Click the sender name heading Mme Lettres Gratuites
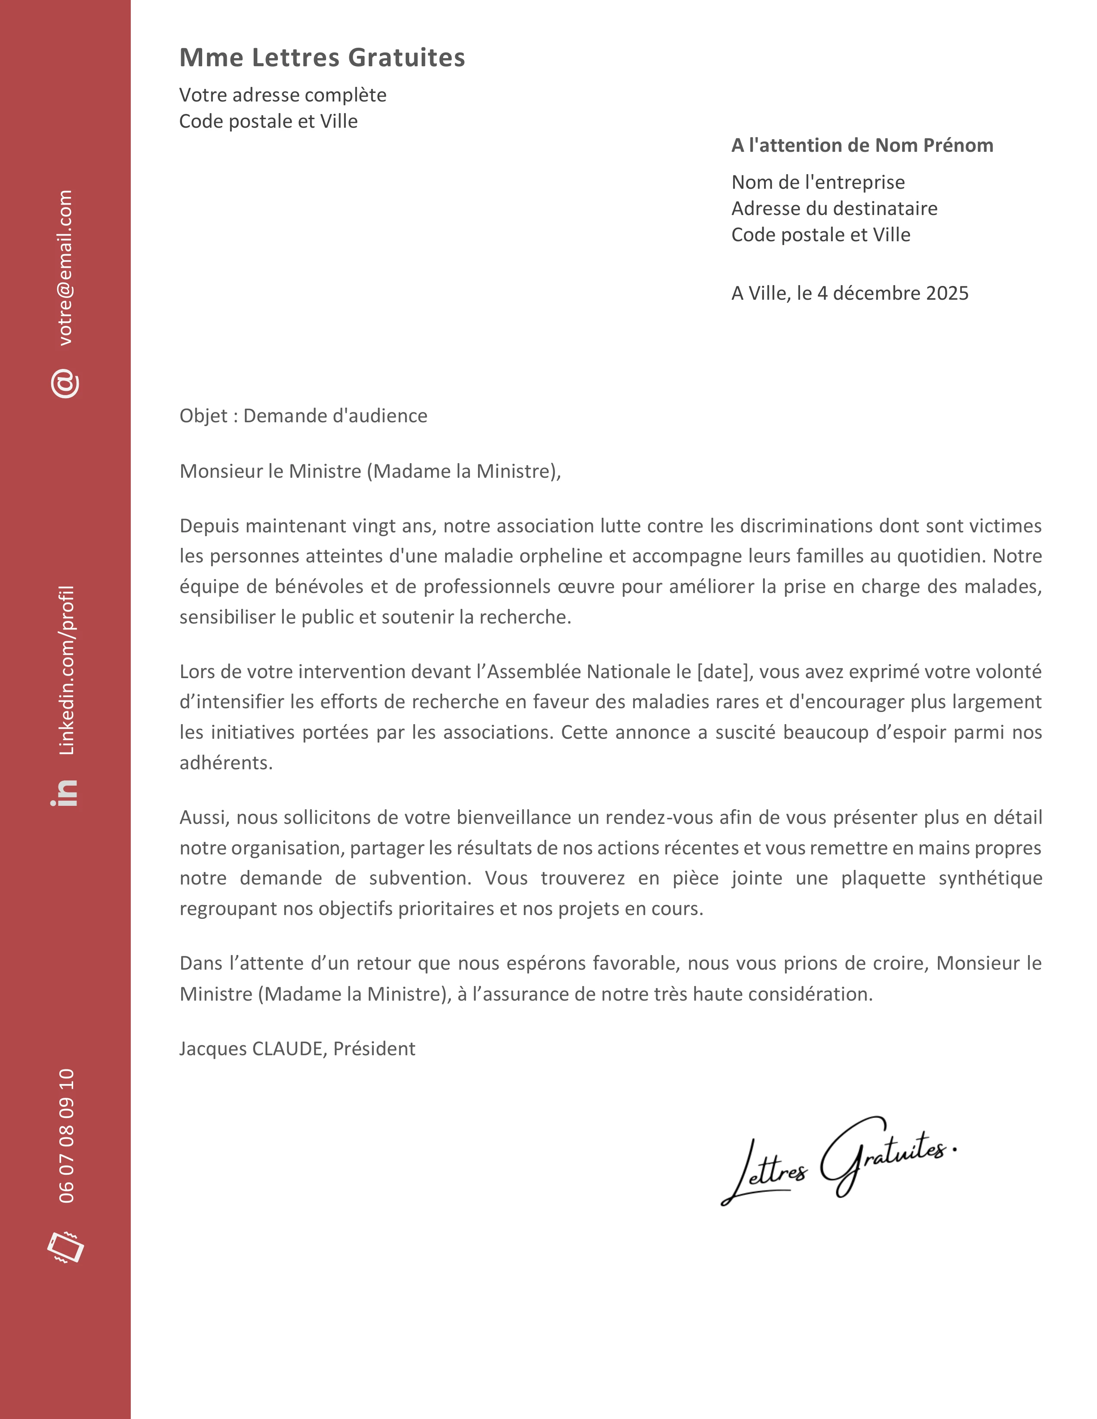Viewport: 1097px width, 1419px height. pyautogui.click(x=322, y=58)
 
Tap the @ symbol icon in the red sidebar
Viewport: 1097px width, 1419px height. pyautogui.click(x=65, y=384)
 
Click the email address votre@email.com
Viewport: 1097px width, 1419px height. pyautogui.click(x=66, y=268)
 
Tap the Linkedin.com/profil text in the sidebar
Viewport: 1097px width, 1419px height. pyautogui.click(x=66, y=670)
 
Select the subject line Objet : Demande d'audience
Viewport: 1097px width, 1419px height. pyautogui.click(x=303, y=416)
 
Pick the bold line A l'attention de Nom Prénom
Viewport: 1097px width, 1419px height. pyautogui.click(x=862, y=145)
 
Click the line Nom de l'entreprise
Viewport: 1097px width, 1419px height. pyautogui.click(x=817, y=183)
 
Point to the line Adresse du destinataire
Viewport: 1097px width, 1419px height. pyautogui.click(x=834, y=209)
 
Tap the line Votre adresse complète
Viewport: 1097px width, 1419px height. pyautogui.click(x=283, y=95)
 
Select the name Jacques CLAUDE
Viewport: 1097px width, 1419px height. pyautogui.click(x=250, y=1049)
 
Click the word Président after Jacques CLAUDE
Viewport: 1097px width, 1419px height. pyautogui.click(x=374, y=1049)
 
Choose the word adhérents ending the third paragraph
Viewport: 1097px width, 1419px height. pyautogui.click(x=225, y=763)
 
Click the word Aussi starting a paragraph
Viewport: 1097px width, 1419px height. pyautogui.click(x=204, y=817)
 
